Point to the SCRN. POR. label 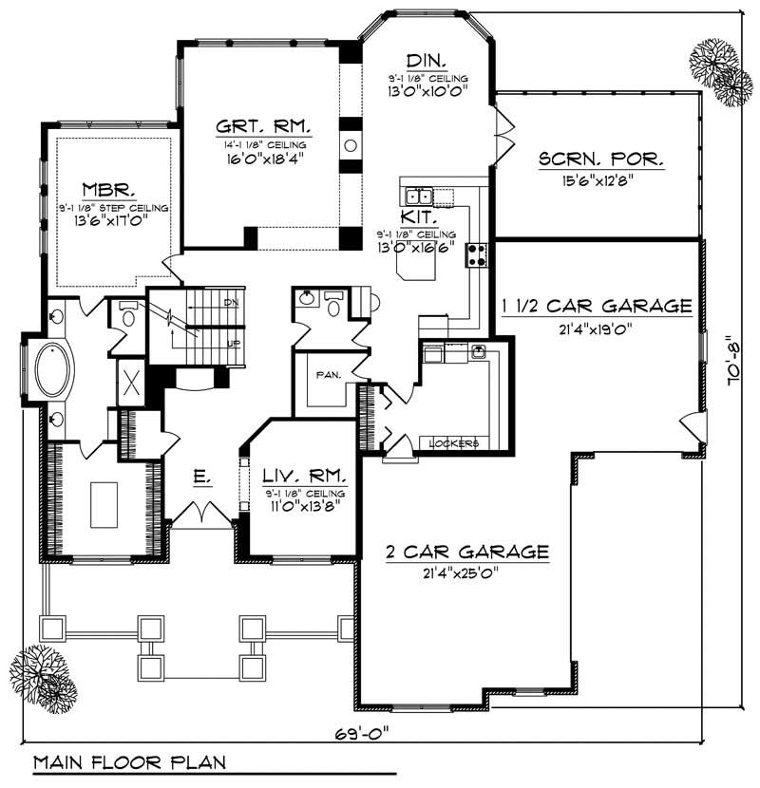pyautogui.click(x=599, y=158)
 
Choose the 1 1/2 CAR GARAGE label pyautogui.click(x=596, y=306)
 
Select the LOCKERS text pyautogui.click(x=452, y=443)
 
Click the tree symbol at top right pyautogui.click(x=717, y=63)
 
